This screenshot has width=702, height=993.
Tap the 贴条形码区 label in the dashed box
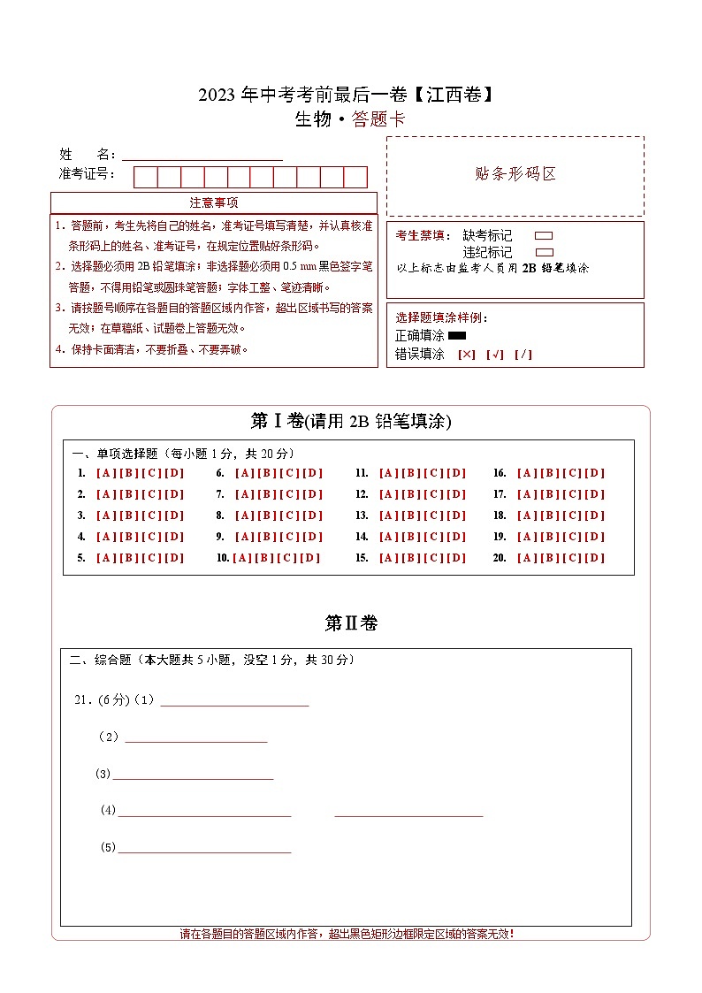point(516,174)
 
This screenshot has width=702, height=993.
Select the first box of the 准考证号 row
point(145,177)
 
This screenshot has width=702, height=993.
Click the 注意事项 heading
point(213,202)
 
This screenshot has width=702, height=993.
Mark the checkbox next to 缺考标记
point(544,236)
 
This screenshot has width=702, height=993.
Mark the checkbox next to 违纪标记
point(544,252)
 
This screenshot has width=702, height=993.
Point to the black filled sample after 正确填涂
point(457,336)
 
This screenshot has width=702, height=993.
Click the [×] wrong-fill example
point(466,355)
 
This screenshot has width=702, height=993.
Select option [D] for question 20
point(595,558)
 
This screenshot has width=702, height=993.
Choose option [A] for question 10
point(242,558)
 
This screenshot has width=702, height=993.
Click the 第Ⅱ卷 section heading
point(351,623)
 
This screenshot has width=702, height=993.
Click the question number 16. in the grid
point(500,473)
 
